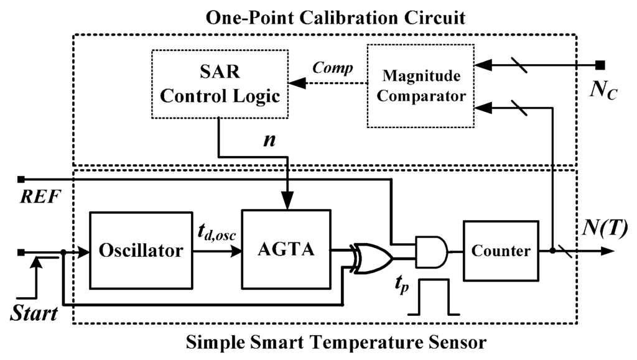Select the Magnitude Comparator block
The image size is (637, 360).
point(421,85)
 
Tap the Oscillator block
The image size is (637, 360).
point(141,251)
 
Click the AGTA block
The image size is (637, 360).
point(286,251)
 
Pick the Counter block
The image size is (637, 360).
point(501,251)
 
